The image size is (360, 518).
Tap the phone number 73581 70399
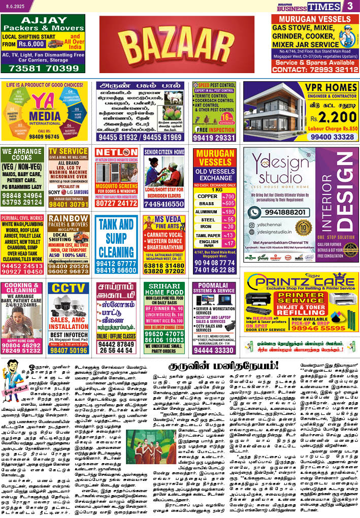pos(43,68)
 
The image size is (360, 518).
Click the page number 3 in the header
pos(350,6)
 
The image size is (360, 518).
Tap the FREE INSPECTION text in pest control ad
pos(214,129)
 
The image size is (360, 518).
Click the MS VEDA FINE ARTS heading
pos(163,222)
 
